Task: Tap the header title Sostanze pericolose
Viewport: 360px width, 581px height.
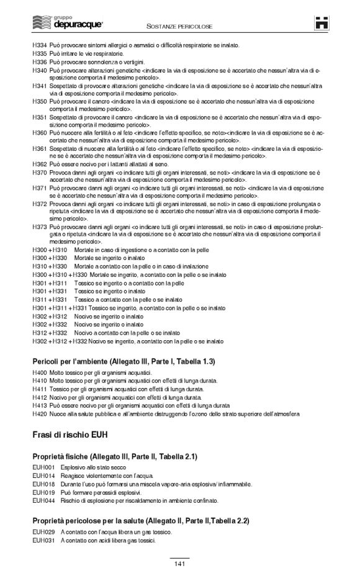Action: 179,27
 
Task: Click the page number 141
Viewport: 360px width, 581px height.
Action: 179,564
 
